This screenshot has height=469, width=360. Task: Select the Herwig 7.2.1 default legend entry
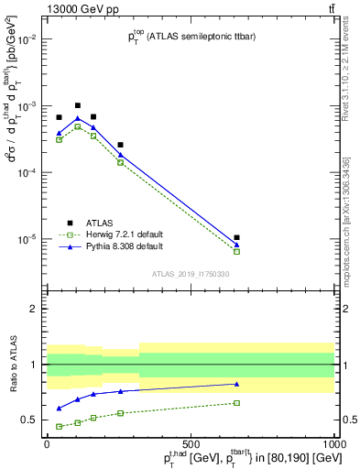(x=101, y=234)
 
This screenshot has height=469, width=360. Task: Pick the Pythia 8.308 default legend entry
(x=100, y=246)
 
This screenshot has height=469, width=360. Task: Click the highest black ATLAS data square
(x=78, y=105)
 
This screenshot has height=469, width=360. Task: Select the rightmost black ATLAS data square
(x=236, y=237)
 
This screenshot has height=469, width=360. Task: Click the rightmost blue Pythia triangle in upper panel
(x=236, y=245)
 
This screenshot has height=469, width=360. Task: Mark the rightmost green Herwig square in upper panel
(x=236, y=251)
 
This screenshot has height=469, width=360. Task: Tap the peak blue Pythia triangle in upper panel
(x=78, y=118)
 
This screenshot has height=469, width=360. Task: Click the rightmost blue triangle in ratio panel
(x=236, y=384)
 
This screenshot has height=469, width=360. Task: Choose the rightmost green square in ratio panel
(x=236, y=403)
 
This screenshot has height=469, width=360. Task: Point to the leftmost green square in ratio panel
(x=60, y=426)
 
